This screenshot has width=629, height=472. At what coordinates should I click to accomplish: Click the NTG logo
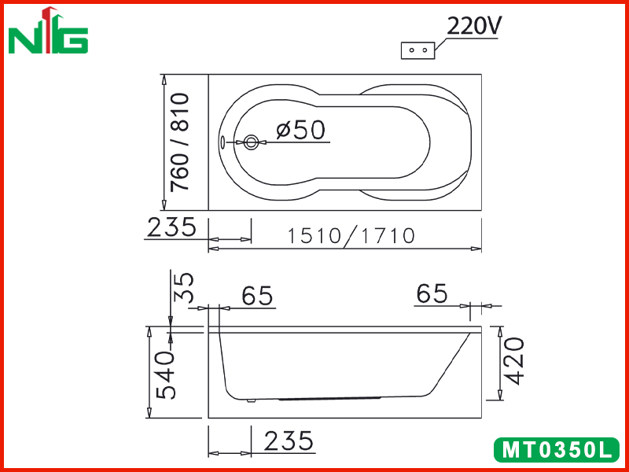48,30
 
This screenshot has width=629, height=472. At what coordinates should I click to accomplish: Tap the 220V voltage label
474,27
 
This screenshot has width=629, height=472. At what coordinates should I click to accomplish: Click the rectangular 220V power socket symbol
418,50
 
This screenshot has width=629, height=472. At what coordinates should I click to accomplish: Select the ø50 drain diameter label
300,130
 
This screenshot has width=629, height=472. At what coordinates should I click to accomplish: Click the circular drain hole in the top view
251,142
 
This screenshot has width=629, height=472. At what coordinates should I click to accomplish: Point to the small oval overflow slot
223,142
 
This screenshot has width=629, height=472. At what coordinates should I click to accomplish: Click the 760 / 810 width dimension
179,142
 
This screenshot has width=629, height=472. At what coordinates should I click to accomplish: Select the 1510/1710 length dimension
351,235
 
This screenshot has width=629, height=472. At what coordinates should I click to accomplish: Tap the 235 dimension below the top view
171,227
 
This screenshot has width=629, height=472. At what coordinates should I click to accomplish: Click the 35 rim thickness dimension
184,287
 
